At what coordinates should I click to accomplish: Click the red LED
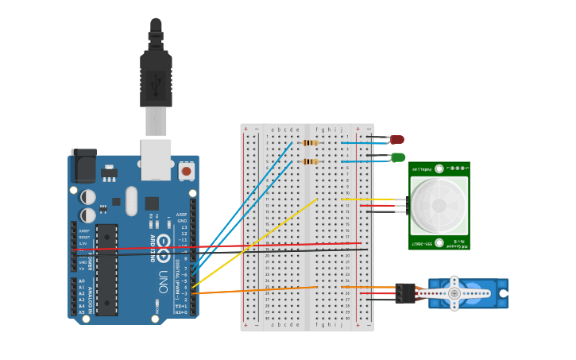(x=397, y=140)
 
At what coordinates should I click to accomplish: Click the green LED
(x=398, y=157)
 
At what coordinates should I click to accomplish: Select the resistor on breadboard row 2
(x=310, y=143)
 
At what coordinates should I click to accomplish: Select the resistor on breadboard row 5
(x=310, y=161)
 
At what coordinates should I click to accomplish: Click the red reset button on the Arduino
(x=186, y=170)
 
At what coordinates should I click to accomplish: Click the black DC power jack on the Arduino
(x=83, y=167)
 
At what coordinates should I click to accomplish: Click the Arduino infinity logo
(x=163, y=242)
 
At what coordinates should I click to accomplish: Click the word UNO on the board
(x=163, y=281)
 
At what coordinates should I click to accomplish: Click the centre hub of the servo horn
(x=454, y=293)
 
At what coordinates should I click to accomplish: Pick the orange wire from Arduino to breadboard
(x=254, y=290)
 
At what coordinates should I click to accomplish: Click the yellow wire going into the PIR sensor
(x=373, y=199)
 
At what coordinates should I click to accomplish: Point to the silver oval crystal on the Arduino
(x=131, y=200)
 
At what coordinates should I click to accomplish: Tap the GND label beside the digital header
(x=183, y=221)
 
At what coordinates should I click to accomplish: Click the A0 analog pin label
(x=82, y=281)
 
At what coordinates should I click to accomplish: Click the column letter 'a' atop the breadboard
(x=273, y=129)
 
